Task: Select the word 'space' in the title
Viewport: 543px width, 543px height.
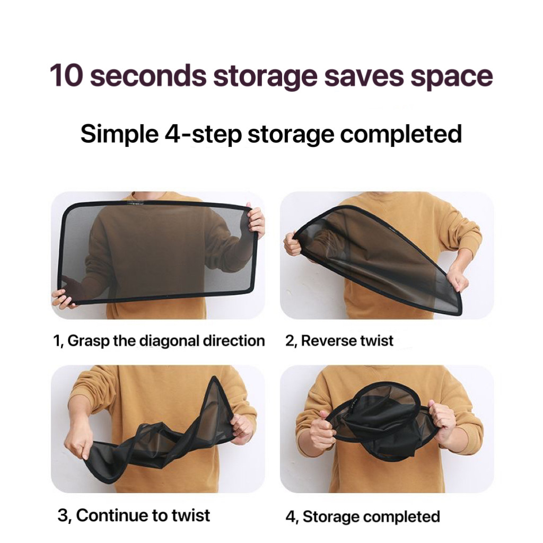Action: (x=452, y=78)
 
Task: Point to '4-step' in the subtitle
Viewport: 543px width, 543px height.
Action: (x=203, y=134)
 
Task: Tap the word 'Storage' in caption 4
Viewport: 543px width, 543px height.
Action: (x=331, y=516)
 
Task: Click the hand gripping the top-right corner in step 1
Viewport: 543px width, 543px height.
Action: (x=256, y=220)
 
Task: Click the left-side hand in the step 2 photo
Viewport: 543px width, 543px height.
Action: (x=293, y=243)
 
